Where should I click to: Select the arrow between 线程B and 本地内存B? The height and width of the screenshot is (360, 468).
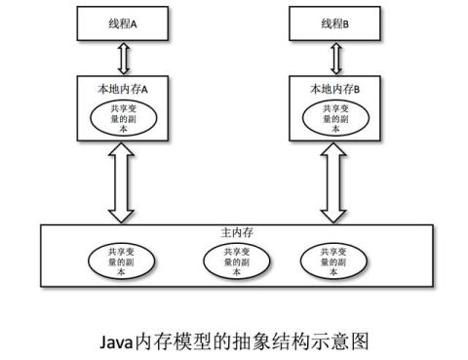tap(338, 58)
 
